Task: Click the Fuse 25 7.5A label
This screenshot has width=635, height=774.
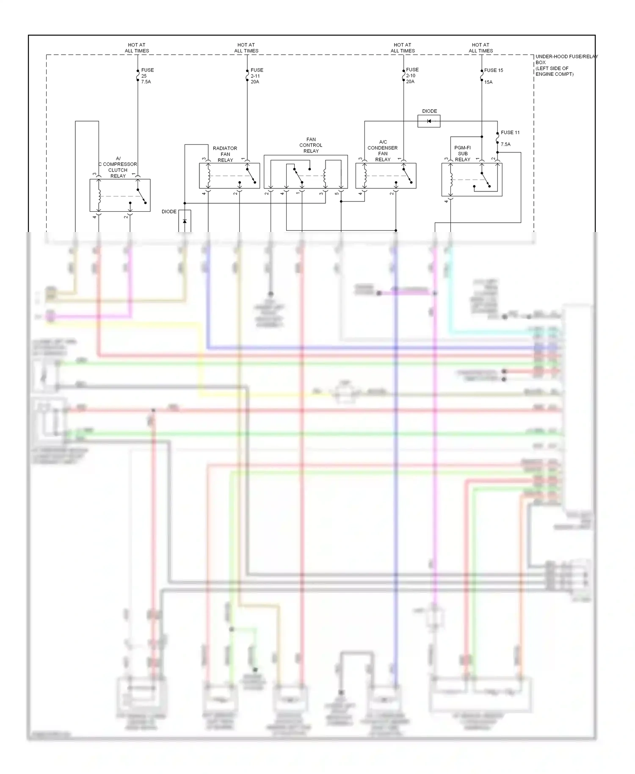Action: pyautogui.click(x=147, y=76)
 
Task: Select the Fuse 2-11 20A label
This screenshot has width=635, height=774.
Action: pyautogui.click(x=257, y=76)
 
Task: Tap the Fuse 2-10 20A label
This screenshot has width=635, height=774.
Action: pyautogui.click(x=412, y=75)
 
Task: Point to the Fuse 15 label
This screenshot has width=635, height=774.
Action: pyautogui.click(x=494, y=70)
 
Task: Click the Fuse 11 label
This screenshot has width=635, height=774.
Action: pyautogui.click(x=510, y=133)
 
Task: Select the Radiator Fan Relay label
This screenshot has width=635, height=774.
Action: pyautogui.click(x=225, y=154)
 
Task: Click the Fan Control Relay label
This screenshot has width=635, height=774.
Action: pyautogui.click(x=311, y=145)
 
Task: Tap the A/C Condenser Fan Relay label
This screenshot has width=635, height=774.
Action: pyautogui.click(x=382, y=151)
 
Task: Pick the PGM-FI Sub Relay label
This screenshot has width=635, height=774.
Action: pyautogui.click(x=462, y=154)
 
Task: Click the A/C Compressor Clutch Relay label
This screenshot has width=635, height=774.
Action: pyautogui.click(x=118, y=167)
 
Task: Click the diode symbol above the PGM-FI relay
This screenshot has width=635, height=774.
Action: pyautogui.click(x=429, y=122)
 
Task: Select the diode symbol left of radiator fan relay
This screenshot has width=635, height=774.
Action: pyautogui.click(x=185, y=221)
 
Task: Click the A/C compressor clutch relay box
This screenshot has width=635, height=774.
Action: pyautogui.click(x=120, y=195)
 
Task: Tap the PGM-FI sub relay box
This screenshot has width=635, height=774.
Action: pyautogui.click(x=472, y=180)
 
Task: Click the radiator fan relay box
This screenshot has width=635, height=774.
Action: pyautogui.click(x=229, y=176)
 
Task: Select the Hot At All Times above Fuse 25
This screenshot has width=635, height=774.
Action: pyautogui.click(x=137, y=48)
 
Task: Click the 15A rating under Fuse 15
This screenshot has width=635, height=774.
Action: pyautogui.click(x=488, y=82)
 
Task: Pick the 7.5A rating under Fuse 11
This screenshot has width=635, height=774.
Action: pyautogui.click(x=505, y=144)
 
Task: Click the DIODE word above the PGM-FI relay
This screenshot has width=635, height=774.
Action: pyautogui.click(x=429, y=111)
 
